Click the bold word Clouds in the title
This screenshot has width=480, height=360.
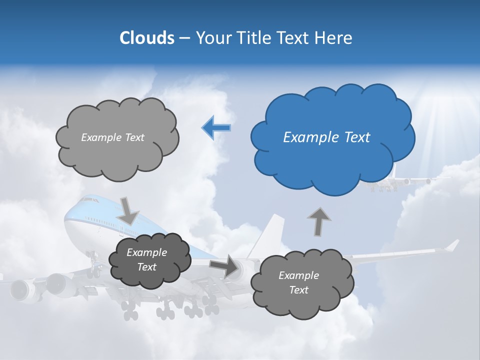(x=146, y=38)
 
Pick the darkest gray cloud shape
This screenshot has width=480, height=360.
(x=149, y=260)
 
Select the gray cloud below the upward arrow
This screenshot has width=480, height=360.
(x=301, y=283)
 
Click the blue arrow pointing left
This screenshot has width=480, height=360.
(x=216, y=127)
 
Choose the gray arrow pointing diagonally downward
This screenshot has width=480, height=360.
(x=128, y=210)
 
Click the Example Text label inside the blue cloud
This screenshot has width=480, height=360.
(x=326, y=137)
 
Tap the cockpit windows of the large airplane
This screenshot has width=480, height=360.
(x=89, y=199)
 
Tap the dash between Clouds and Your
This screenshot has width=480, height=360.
(x=184, y=38)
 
